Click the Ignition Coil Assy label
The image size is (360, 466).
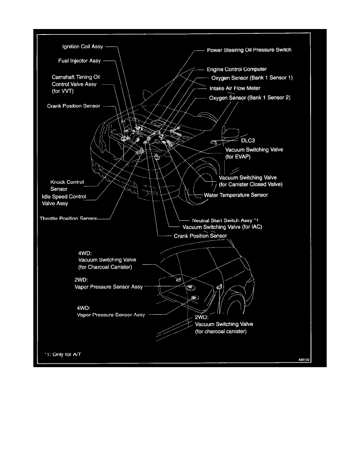click(x=83, y=47)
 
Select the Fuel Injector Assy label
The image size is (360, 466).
click(x=80, y=61)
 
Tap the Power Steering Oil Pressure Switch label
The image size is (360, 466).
click(x=249, y=50)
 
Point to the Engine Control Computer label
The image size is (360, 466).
click(x=236, y=69)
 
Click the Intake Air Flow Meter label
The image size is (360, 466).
click(x=235, y=88)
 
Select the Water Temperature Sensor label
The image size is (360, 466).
click(x=236, y=195)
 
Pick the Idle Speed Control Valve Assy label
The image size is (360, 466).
click(x=64, y=200)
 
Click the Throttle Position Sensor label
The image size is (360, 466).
click(x=68, y=218)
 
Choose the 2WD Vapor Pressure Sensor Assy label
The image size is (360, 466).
click(x=109, y=287)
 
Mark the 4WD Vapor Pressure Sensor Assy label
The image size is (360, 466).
click(x=111, y=315)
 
